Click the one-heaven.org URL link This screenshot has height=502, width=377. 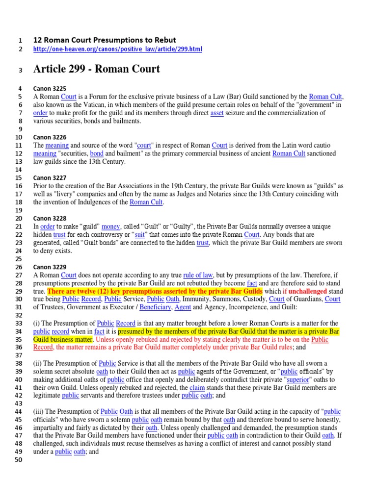[117, 50]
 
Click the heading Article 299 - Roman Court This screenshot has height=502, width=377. [96, 69]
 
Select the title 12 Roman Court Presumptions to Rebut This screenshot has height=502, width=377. [104, 40]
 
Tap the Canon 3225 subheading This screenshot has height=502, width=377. [50, 88]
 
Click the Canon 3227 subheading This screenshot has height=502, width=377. [50, 177]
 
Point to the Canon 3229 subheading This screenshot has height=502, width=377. [50, 267]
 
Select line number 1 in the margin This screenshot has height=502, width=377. [20, 40]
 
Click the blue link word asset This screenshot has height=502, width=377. [216, 113]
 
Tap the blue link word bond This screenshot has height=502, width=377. [97, 153]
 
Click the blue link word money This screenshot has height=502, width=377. [111, 226]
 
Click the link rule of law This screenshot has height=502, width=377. [198, 275]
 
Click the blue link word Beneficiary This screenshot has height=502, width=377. [156, 307]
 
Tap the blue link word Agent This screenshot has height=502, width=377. [183, 307]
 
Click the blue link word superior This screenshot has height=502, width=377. [298, 379]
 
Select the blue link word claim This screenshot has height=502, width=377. [196, 388]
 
